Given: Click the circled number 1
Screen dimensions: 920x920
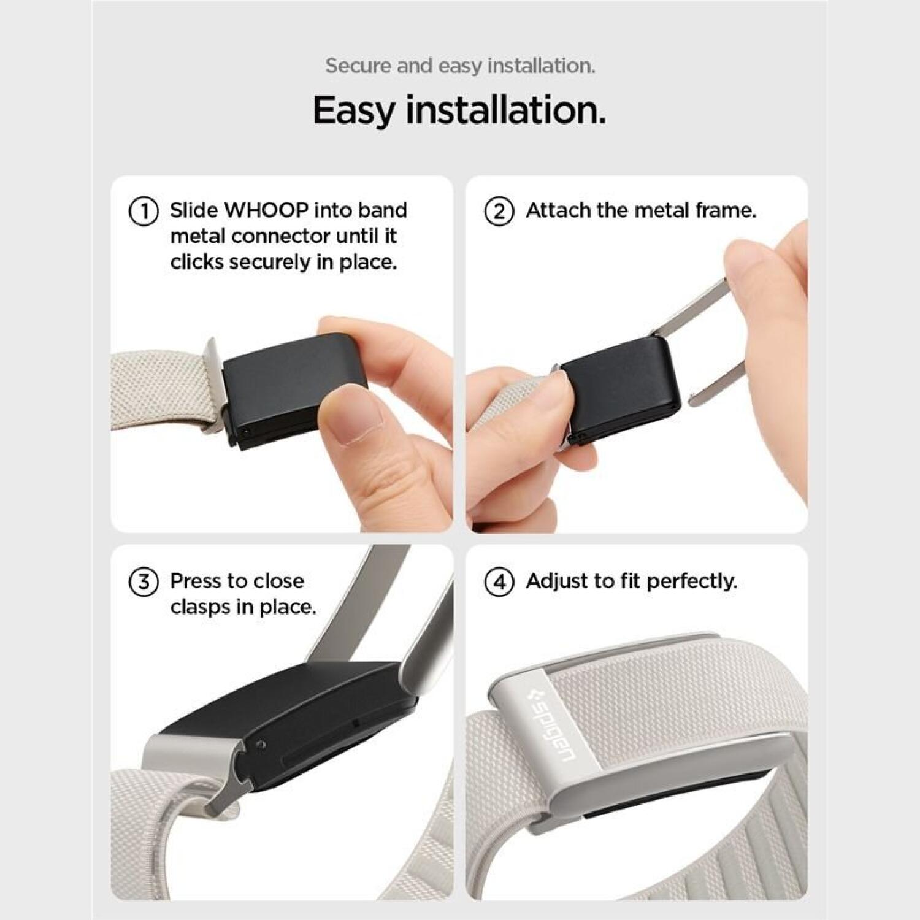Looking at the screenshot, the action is coord(144,211).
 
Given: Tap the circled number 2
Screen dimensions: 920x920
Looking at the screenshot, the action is coord(499,211).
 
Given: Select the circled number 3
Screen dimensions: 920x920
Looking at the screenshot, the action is coord(144,581).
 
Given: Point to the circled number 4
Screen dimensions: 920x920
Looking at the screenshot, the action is coord(499,581).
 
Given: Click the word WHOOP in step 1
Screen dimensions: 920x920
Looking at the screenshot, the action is coord(266,210).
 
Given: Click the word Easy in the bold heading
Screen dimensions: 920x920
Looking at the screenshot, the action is coord(353,111).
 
